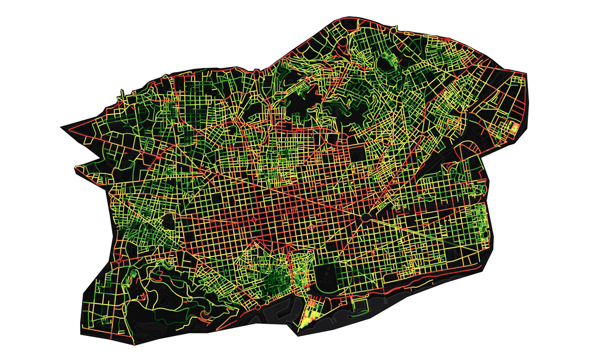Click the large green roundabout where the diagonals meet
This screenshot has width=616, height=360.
tap(366, 218)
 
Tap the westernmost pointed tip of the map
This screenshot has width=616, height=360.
tap(61, 128)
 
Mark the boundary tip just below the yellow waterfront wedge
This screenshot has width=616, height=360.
tap(300, 335)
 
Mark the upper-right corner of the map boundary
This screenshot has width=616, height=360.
tap(524, 73)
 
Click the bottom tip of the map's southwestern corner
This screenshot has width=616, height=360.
tap(131, 343)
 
